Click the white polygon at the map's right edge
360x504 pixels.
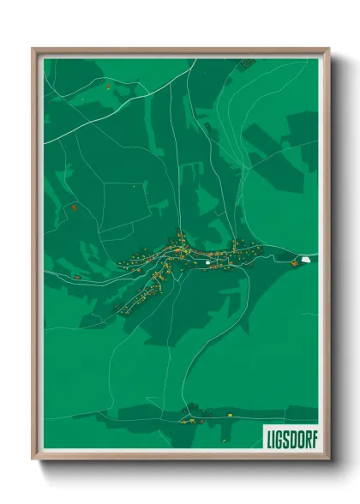[306, 258]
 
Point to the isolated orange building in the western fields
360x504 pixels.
[75, 207]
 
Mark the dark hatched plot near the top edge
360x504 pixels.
[246, 63]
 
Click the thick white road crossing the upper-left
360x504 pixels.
[129, 101]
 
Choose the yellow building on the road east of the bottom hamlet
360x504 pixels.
[230, 415]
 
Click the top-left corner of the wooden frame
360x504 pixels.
[33, 50]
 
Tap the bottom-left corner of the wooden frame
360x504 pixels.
[33, 459]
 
